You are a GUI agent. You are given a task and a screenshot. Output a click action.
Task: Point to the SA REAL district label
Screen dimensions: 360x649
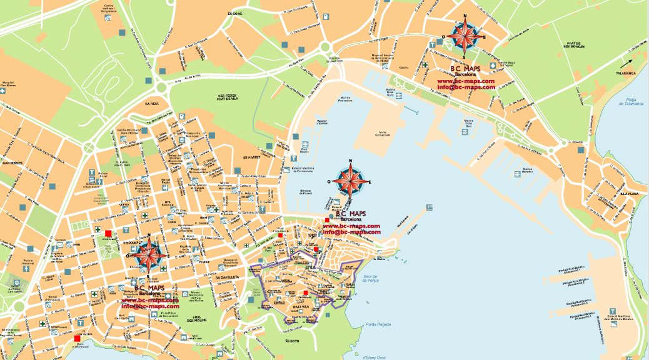pos(152,103)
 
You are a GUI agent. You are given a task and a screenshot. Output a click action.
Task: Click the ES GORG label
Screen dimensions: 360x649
pos(234,12)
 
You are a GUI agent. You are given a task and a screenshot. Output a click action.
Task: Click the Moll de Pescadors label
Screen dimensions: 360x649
pos(345,98)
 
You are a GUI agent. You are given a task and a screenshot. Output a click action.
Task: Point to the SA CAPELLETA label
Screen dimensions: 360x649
pos(225,277)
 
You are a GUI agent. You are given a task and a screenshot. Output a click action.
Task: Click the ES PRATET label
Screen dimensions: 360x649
pos(252,157)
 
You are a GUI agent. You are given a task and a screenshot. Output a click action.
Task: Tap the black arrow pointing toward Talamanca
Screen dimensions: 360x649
pos(626,64)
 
